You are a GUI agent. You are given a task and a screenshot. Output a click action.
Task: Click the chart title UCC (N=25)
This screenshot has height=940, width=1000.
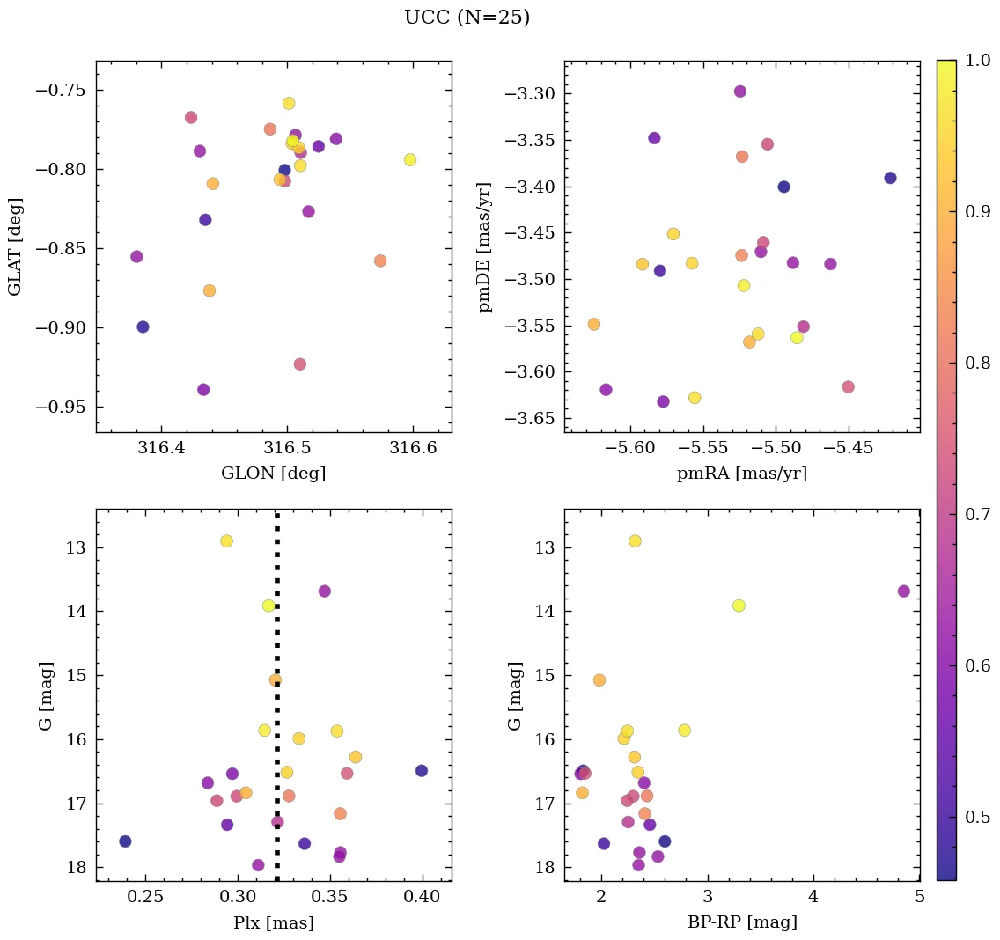(x=467, y=18)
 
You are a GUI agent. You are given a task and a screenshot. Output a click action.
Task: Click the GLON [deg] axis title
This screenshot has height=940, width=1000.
(x=273, y=474)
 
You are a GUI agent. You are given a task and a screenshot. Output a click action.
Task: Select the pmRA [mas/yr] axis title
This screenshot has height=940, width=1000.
(x=741, y=474)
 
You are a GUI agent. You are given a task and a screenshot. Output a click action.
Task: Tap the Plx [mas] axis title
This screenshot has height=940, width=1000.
(x=273, y=923)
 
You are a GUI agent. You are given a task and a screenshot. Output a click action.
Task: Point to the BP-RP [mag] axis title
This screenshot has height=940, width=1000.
(x=742, y=923)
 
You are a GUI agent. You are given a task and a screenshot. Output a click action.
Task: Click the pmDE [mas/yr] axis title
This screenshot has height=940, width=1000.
(x=485, y=247)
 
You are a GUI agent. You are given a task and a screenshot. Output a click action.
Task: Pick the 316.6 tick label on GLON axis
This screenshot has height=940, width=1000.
(x=414, y=449)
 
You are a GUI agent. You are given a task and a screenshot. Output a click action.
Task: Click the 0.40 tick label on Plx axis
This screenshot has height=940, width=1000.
(x=423, y=898)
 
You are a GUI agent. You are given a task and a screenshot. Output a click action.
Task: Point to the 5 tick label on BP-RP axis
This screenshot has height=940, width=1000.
(x=919, y=898)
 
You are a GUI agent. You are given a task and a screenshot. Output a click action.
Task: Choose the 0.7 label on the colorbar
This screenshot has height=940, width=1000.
(x=979, y=514)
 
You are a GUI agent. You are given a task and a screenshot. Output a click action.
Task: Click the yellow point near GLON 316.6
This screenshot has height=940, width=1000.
(x=410, y=159)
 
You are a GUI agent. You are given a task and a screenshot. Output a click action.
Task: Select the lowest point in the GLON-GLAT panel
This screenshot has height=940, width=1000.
(x=203, y=389)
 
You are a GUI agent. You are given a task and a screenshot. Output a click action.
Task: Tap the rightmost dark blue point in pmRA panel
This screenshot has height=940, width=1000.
(x=890, y=178)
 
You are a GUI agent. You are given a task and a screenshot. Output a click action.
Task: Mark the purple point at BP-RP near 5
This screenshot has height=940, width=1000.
(x=903, y=591)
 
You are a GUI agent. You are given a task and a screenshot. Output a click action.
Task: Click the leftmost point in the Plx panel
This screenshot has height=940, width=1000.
(x=125, y=841)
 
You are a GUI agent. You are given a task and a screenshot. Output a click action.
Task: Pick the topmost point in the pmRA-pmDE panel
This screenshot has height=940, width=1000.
(x=739, y=92)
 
